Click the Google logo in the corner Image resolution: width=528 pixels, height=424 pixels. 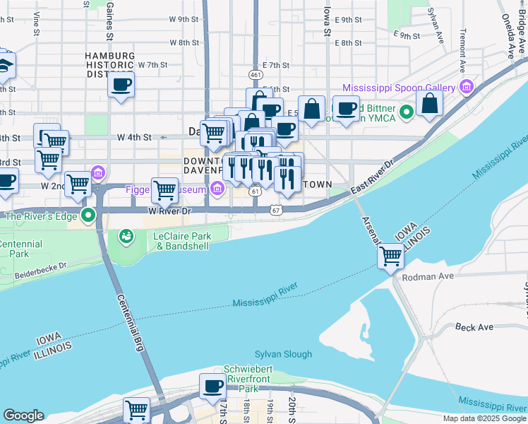(25, 416)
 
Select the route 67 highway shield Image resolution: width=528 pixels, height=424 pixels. (276, 210)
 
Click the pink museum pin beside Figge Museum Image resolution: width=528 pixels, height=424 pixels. (217, 189)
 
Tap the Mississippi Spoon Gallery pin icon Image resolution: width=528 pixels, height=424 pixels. (465, 88)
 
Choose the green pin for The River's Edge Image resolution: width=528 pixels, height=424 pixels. (88, 216)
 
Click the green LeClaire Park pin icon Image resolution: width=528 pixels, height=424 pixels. (126, 235)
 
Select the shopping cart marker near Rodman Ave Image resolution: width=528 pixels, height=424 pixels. (390, 257)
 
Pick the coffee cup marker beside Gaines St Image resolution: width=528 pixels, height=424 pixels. (121, 85)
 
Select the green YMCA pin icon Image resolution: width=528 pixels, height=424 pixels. (406, 112)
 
